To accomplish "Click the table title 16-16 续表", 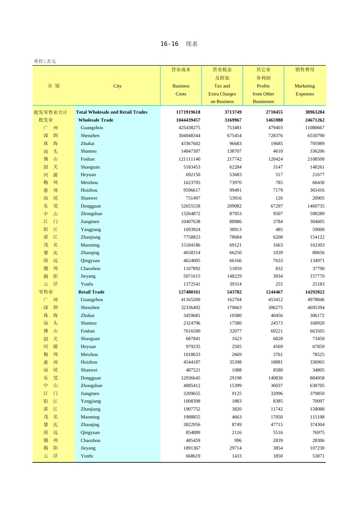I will (x=179, y=44).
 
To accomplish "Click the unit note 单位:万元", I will (x=45, y=61).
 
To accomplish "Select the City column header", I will (x=117, y=86).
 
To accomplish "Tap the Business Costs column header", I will (x=181, y=90).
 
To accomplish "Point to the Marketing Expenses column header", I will (x=305, y=90).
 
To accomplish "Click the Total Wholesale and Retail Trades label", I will (x=111, y=112).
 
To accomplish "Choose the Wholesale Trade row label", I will (x=96, y=120).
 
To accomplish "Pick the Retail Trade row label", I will (x=91, y=292).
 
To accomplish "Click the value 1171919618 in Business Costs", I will (x=188, y=112).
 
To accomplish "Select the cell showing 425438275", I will (x=189, y=128).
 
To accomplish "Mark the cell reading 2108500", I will (x=316, y=159).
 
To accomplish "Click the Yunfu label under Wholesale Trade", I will (x=87, y=284).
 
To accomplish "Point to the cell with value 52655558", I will (x=191, y=206).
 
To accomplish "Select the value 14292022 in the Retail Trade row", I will (x=315, y=292).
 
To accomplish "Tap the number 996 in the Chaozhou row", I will (x=238, y=440).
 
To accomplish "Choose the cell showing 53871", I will (x=318, y=456).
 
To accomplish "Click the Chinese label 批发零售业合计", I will (x=50, y=112).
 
